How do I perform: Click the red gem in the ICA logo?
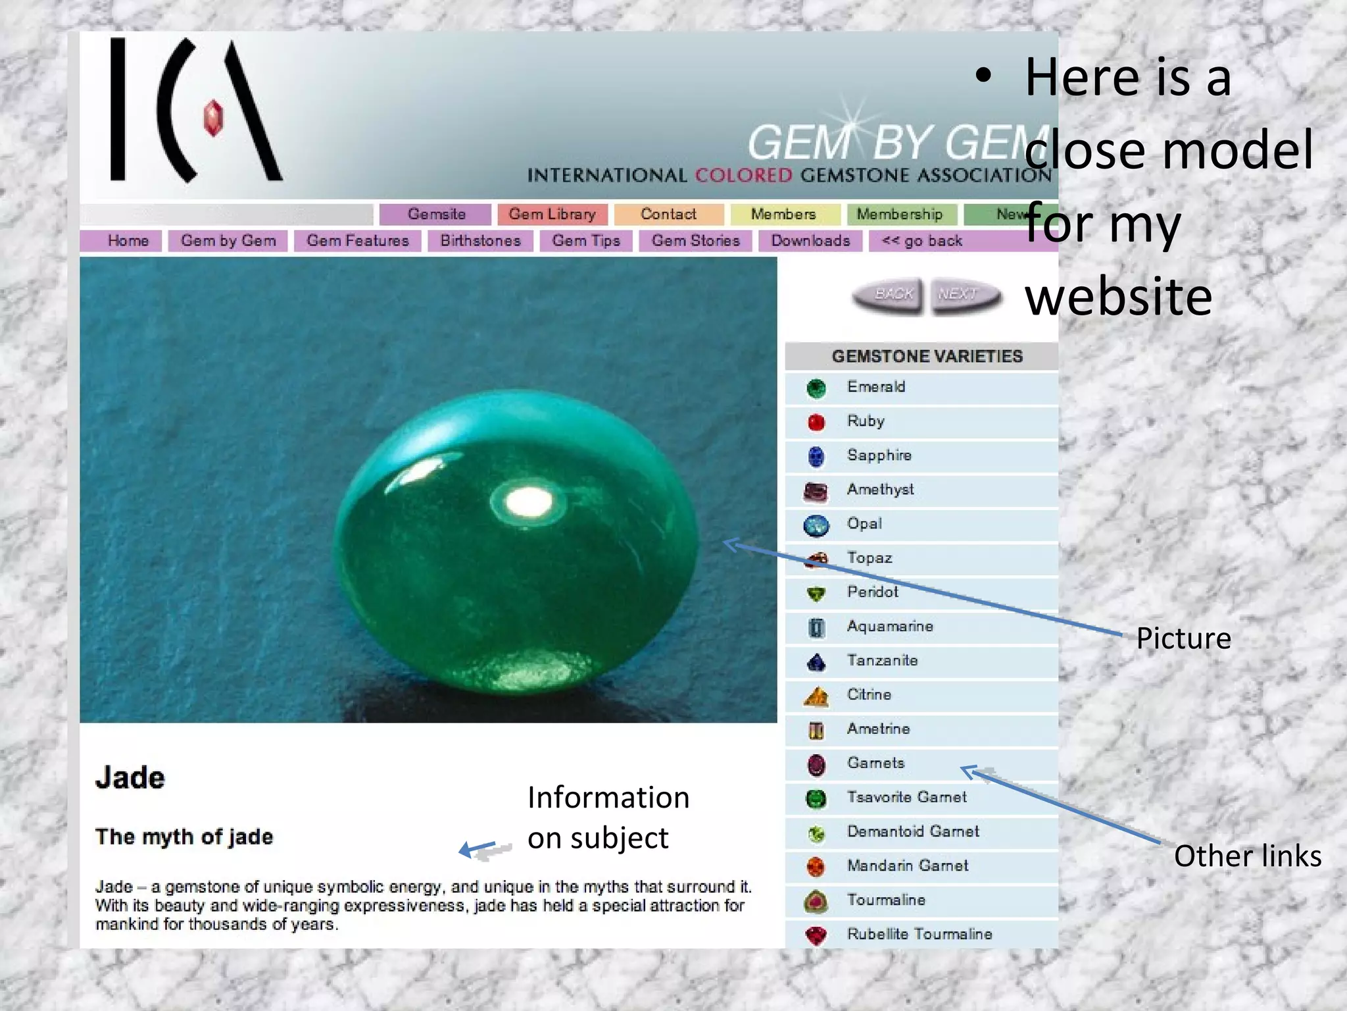point(213,118)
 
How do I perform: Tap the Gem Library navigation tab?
point(552,215)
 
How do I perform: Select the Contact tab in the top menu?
point(668,215)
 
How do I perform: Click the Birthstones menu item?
point(480,241)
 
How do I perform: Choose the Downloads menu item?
point(810,241)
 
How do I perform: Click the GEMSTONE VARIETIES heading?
point(927,357)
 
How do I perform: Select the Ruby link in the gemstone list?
point(866,421)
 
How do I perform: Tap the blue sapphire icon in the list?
point(816,456)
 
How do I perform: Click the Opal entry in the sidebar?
point(864,524)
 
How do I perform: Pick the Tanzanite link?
point(882,661)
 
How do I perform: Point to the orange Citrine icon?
point(816,696)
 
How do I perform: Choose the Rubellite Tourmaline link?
point(919,934)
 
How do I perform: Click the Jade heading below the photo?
point(130,778)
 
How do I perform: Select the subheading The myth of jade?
point(184,837)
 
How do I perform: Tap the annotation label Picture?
point(1183,638)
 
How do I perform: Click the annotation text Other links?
point(1247,856)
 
